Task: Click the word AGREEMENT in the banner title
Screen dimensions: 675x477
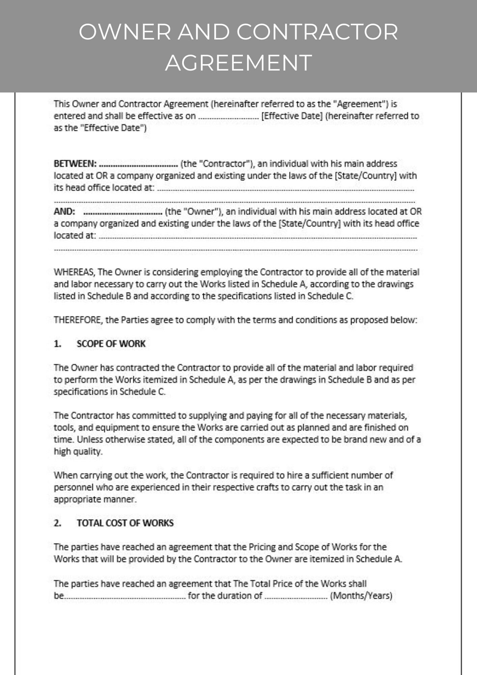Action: point(238,63)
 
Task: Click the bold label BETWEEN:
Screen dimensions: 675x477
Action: point(75,164)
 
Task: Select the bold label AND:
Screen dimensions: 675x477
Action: point(64,212)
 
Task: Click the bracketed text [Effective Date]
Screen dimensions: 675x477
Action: point(292,116)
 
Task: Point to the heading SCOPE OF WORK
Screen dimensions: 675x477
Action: point(111,344)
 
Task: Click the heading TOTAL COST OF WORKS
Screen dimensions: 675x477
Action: point(125,523)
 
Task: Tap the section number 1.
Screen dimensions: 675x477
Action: point(58,344)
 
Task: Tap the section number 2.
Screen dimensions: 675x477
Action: point(58,523)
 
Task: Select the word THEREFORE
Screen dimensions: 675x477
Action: point(78,320)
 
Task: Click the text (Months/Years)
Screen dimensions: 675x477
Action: point(361,596)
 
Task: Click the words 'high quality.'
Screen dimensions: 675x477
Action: point(78,452)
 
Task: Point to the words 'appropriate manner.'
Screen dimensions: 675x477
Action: point(95,499)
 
